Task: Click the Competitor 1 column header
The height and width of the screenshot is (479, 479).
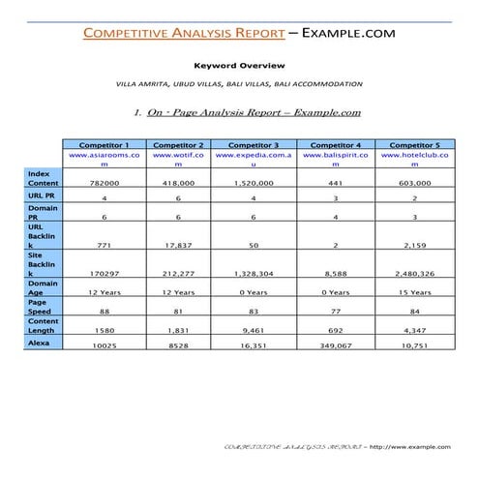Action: pos(105,143)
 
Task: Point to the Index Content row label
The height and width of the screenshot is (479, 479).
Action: pos(44,178)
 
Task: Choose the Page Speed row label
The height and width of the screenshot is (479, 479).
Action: pos(44,308)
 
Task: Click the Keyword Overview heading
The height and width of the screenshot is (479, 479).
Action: pos(238,66)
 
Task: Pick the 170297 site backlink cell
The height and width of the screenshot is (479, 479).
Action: pos(105,274)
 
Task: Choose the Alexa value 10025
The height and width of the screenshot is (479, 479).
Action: pos(105,344)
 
